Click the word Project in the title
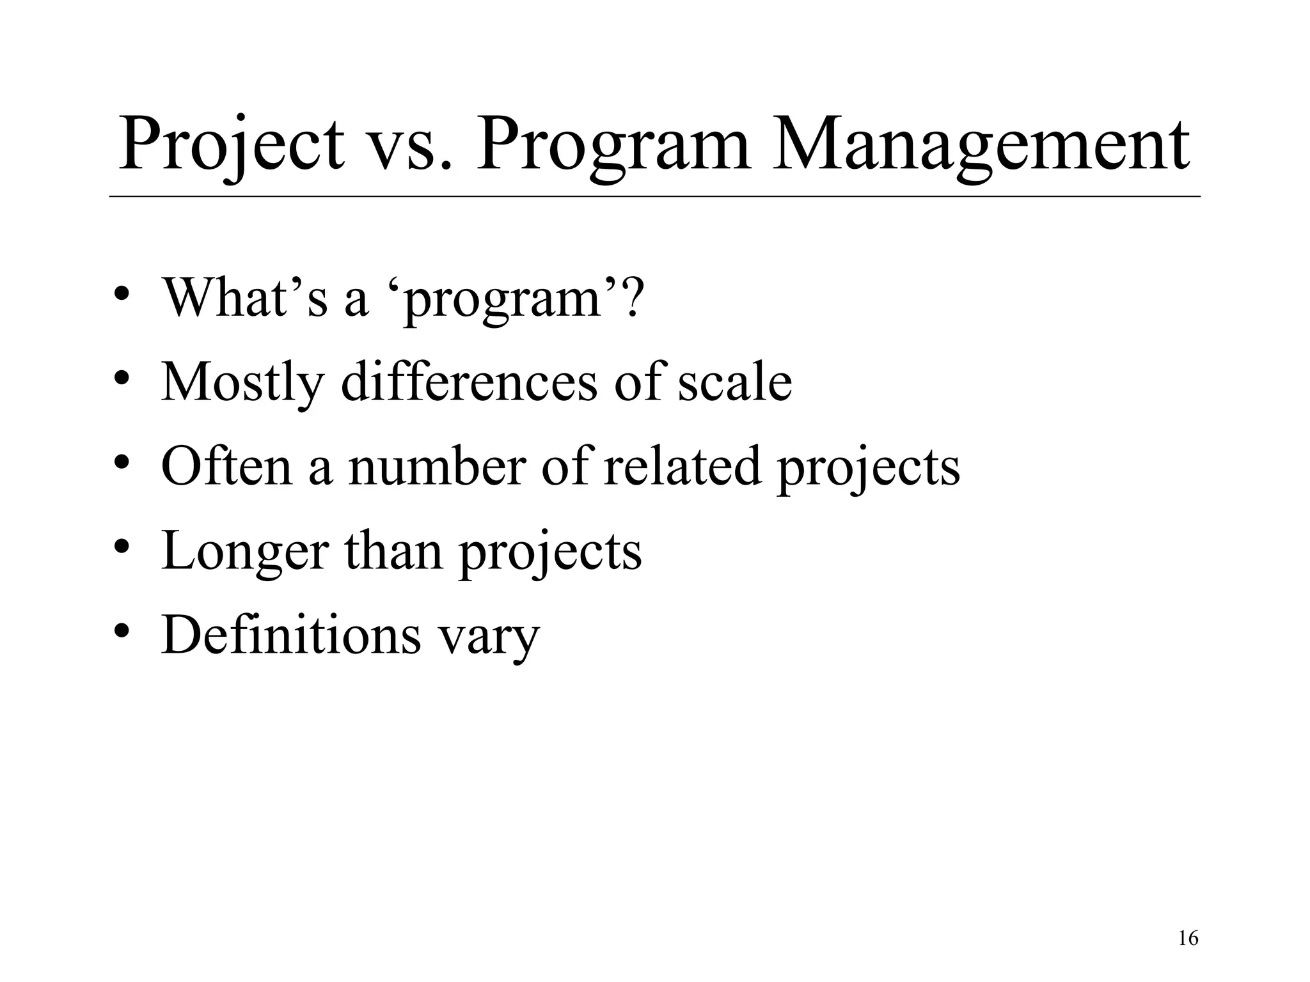point(231,146)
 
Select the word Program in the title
point(613,146)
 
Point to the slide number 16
point(1188,939)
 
